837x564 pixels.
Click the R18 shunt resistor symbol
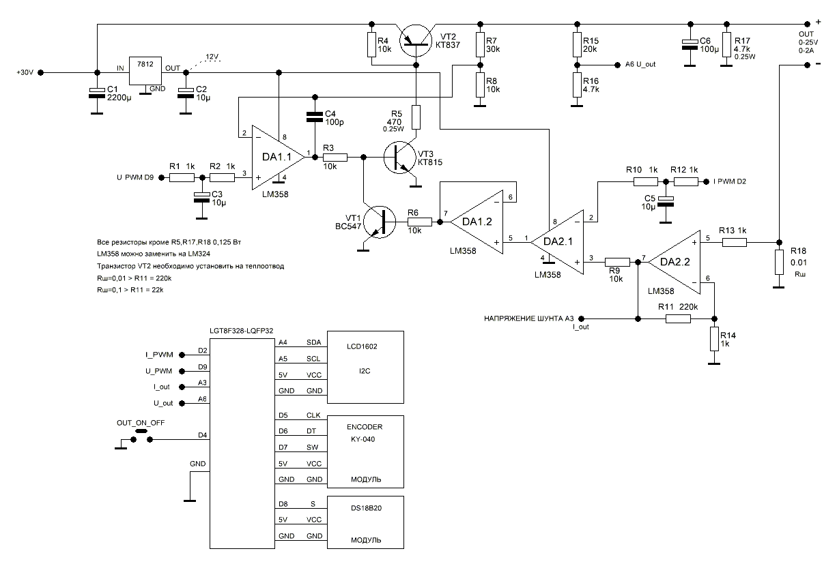pyautogui.click(x=778, y=263)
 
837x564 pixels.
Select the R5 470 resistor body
pyautogui.click(x=416, y=117)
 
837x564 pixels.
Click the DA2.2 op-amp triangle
pyautogui.click(x=672, y=259)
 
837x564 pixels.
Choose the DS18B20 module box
pyautogui.click(x=366, y=522)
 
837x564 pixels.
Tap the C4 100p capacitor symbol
pyautogui.click(x=313, y=117)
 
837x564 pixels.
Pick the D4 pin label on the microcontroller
pyautogui.click(x=203, y=434)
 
